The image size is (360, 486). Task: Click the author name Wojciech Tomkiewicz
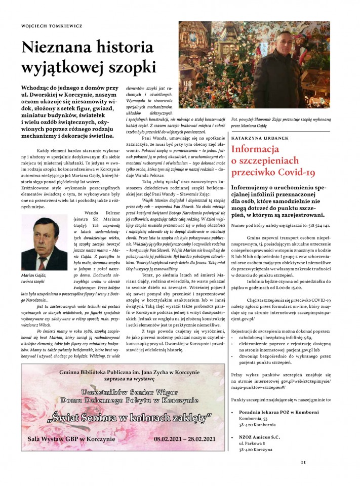click(48, 25)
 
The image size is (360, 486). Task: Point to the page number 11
click(303, 461)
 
